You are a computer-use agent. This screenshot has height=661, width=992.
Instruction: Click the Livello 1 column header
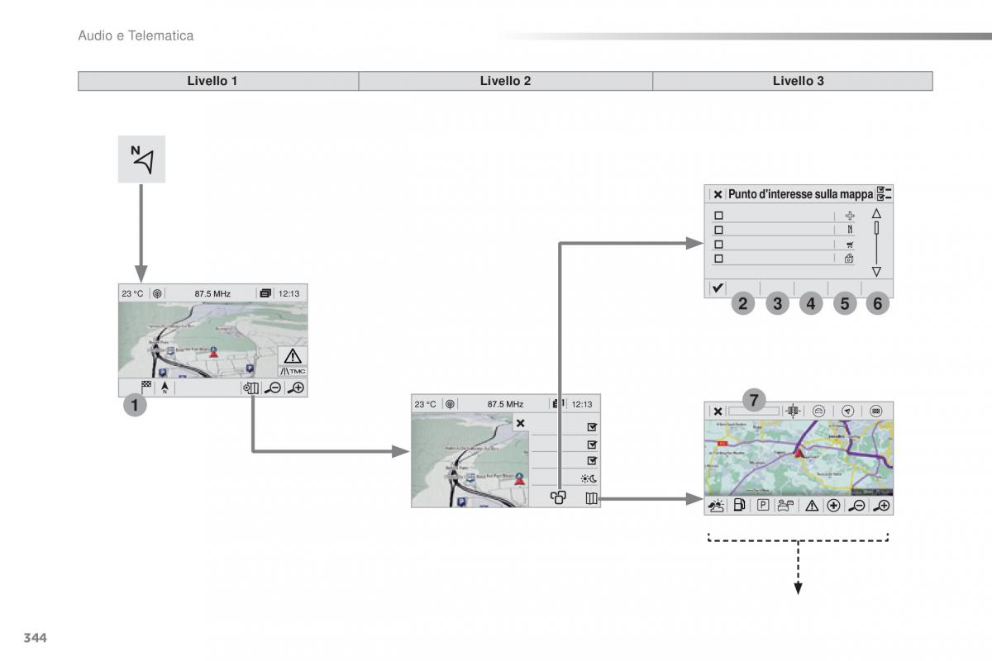point(212,81)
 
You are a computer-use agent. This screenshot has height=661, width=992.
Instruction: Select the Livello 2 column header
point(505,81)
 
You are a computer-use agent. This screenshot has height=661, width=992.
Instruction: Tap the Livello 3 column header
point(798,81)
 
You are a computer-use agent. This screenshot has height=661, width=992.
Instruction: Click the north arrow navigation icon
point(141,159)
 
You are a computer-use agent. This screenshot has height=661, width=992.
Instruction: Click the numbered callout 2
point(743,304)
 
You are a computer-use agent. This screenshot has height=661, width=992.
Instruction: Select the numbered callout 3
point(777,304)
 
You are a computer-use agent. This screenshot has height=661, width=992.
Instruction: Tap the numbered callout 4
point(810,304)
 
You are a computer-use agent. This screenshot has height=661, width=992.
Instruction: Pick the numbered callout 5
point(844,304)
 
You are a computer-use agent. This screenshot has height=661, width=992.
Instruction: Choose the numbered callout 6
point(877,304)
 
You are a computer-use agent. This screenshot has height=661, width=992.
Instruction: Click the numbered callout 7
point(753,401)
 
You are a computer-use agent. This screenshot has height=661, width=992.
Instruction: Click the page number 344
point(35,637)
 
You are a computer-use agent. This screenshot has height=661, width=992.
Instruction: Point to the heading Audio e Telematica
point(136,36)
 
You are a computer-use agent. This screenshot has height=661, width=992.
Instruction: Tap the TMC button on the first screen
point(293,371)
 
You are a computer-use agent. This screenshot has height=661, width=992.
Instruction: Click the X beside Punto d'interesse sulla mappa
point(718,194)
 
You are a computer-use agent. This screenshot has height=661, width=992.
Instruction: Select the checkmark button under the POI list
point(718,288)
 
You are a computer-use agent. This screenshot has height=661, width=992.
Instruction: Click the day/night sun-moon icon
point(589,478)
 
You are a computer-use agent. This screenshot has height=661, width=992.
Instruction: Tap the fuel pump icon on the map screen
point(739,505)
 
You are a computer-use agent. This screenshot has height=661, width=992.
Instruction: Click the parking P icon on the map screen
point(763,505)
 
